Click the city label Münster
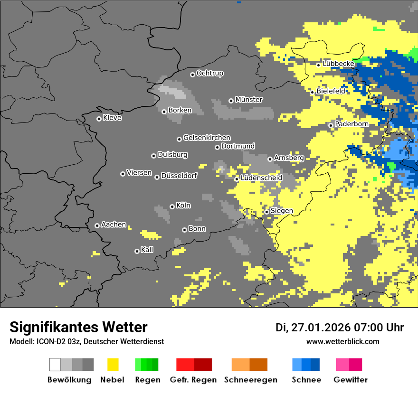pos(249,100)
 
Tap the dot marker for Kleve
pos(99,119)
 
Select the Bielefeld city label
pos(331,91)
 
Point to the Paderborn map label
pos(351,124)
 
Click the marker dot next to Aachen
pos(97,225)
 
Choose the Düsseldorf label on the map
pos(179,176)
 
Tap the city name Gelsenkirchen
pos(207,138)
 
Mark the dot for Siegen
pos(267,212)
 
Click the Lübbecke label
pos(338,64)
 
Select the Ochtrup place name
pos(210,74)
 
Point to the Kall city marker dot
pos(137,251)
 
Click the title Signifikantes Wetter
pos(78,327)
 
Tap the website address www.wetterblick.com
pos(342,341)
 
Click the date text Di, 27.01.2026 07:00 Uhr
pos(340,328)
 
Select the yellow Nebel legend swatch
pos(113,365)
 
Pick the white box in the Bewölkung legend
pos(55,365)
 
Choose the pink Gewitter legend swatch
pos(342,365)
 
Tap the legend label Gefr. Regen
pos(193,380)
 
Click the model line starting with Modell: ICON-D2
pos(86,341)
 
